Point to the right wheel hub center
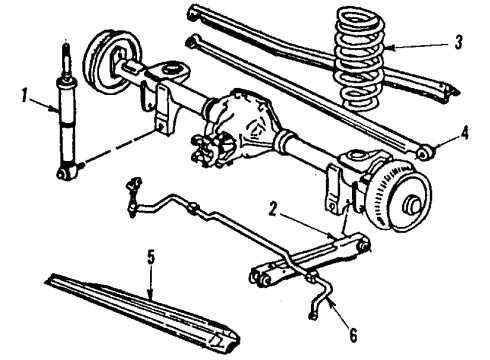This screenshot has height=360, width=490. click(x=409, y=209)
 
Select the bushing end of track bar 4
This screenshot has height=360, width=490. click(x=429, y=153)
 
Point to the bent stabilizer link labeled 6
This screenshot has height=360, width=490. click(x=319, y=300)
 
